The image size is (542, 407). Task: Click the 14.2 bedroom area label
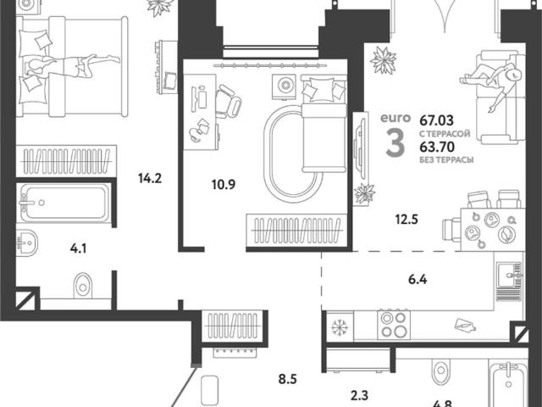pyautogui.click(x=150, y=179)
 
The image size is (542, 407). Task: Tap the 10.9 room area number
pyautogui.click(x=224, y=185)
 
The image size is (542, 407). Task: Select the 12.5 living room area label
pyautogui.click(x=406, y=219)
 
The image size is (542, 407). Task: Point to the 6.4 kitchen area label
pyautogui.click(x=418, y=279)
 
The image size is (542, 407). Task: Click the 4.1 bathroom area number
pyautogui.click(x=78, y=248)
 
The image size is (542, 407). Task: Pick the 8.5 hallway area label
pyautogui.click(x=288, y=379)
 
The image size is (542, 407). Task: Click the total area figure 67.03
pyautogui.click(x=437, y=120)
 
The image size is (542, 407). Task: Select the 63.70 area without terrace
pyautogui.click(x=437, y=147)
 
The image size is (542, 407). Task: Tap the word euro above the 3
pyautogui.click(x=395, y=118)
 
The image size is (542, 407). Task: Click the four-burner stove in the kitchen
pyautogui.click(x=394, y=325)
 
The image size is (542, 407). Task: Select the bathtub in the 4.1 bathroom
pyautogui.click(x=65, y=203)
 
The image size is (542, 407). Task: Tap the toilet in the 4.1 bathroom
pyautogui.click(x=83, y=286)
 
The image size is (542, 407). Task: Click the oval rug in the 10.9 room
pyautogui.click(x=293, y=153)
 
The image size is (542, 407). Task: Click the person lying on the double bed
pyautogui.click(x=74, y=65)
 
